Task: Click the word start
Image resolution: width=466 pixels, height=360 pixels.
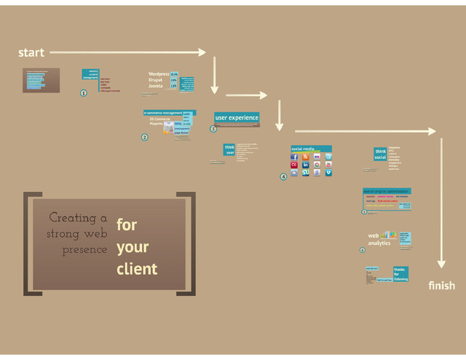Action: pos(31,52)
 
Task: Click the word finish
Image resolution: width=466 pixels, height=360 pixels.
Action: pos(442,286)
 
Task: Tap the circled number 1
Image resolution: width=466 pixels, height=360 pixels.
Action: pos(83,93)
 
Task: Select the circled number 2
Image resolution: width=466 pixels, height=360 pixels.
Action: pos(144,137)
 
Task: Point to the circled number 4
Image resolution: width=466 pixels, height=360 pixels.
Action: pos(283,176)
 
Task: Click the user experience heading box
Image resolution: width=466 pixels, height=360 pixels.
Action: pos(237,117)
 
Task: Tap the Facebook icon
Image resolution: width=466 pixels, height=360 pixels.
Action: pos(294,157)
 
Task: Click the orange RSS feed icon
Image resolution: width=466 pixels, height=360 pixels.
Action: pos(306,157)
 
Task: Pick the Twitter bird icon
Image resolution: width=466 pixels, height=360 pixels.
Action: pos(329,157)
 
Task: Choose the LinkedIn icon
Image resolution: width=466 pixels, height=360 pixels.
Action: pos(306,165)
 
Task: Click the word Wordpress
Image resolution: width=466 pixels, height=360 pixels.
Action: pos(159,74)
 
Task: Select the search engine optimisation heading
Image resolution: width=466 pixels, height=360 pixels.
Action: pos(386,191)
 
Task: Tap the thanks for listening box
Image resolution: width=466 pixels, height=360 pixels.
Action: pos(400,273)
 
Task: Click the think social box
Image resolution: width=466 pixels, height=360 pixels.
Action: pos(380,154)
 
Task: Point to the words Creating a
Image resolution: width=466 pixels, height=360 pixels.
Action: pos(78,218)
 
